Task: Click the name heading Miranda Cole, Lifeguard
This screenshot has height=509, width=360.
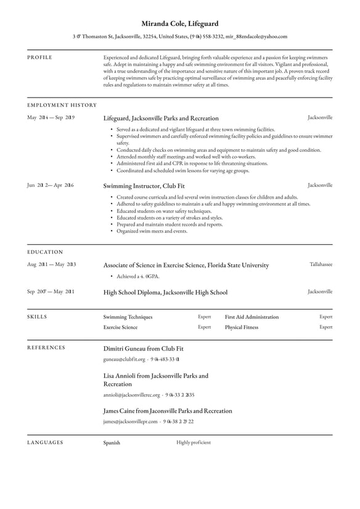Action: pyautogui.click(x=179, y=23)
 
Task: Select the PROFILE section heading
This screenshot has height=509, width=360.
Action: pyautogui.click(x=40, y=57)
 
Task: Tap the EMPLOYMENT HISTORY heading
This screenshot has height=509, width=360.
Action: pyautogui.click(x=62, y=106)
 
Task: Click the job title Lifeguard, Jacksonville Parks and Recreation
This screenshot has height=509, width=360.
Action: pyautogui.click(x=160, y=118)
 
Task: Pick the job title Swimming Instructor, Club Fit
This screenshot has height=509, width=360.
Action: pyautogui.click(x=143, y=186)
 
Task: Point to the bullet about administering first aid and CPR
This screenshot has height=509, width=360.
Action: pyautogui.click(x=192, y=163)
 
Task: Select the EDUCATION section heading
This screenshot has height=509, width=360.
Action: pyautogui.click(x=45, y=252)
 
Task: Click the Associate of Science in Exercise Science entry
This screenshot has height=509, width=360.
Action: pyautogui.click(x=186, y=265)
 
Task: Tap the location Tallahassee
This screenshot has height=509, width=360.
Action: pyautogui.click(x=321, y=265)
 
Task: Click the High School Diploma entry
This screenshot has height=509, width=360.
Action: pyautogui.click(x=165, y=292)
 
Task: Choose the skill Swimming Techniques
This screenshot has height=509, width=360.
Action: pyautogui.click(x=128, y=317)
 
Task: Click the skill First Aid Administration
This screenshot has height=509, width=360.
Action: pyautogui.click(x=252, y=317)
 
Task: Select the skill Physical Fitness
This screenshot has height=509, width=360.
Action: pyautogui.click(x=242, y=328)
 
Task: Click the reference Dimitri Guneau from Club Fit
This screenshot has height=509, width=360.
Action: pyautogui.click(x=143, y=349)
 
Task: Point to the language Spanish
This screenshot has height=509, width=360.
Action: pyautogui.click(x=112, y=443)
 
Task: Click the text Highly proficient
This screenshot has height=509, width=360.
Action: pyautogui.click(x=193, y=442)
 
